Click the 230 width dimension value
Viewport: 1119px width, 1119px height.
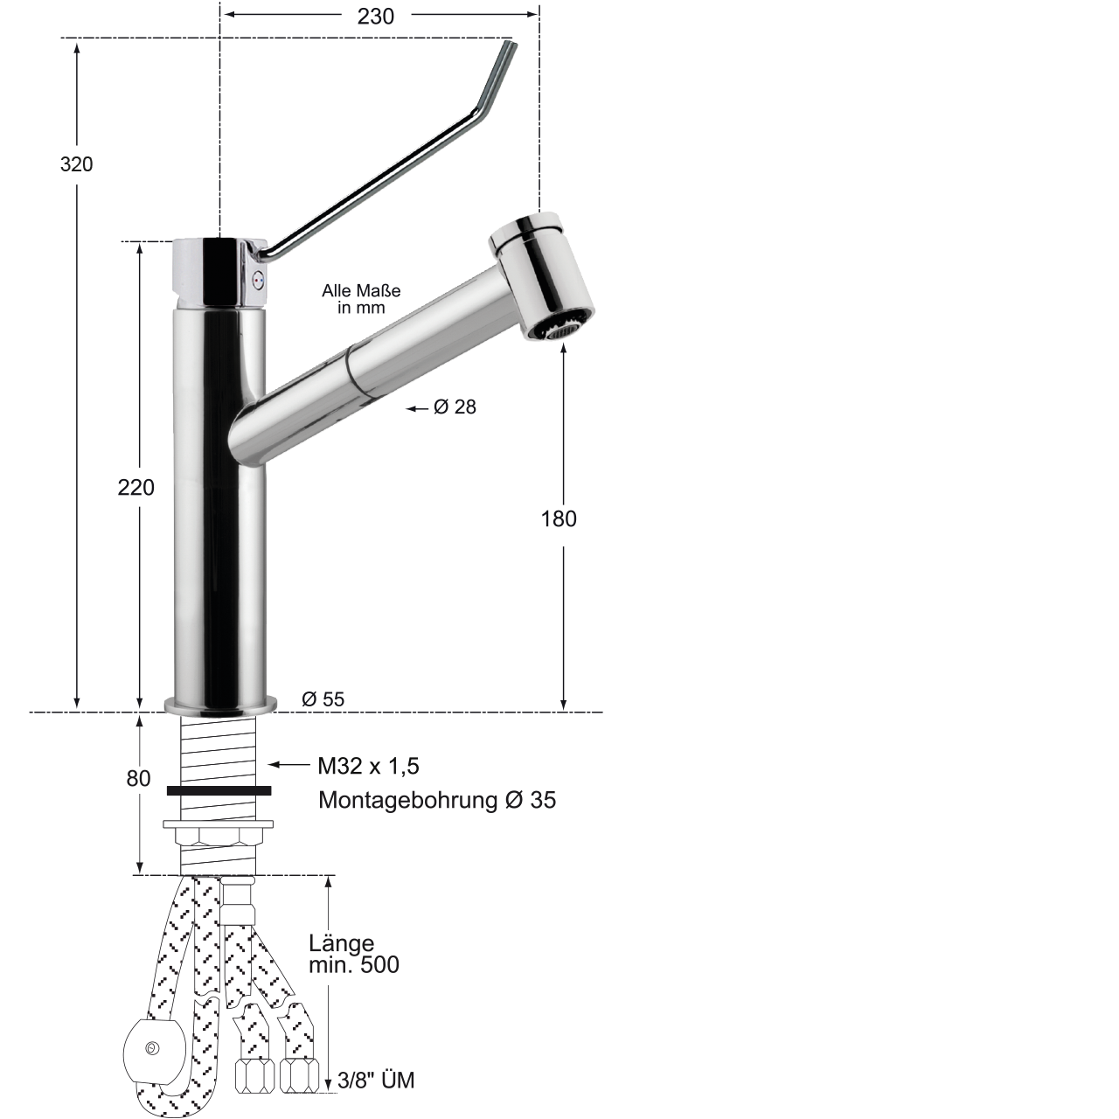[375, 17]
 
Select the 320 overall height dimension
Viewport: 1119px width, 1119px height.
[76, 164]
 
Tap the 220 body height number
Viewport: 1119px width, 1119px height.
[136, 487]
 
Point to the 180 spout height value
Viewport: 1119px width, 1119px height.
[559, 518]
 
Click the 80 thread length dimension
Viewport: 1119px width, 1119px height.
[138, 779]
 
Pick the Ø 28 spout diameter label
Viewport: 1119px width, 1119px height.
[455, 407]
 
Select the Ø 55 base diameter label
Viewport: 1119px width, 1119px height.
[323, 699]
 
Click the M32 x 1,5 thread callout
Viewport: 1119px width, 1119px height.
[368, 767]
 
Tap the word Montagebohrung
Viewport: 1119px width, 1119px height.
[407, 800]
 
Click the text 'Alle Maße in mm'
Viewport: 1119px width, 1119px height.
[361, 298]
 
